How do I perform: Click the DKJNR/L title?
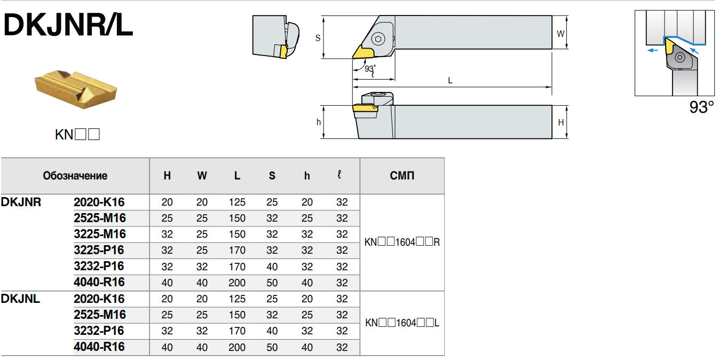click(x=68, y=25)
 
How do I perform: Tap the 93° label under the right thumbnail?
click(x=701, y=107)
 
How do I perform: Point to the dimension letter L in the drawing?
click(x=450, y=81)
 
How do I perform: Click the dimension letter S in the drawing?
click(x=318, y=38)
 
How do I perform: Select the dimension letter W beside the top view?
click(x=560, y=34)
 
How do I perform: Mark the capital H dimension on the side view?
click(x=561, y=123)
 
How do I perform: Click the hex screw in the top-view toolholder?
click(x=378, y=38)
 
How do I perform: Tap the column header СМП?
click(x=402, y=176)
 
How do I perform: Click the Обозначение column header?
click(x=75, y=176)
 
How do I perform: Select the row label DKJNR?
click(x=21, y=202)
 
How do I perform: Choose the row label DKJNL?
click(x=21, y=299)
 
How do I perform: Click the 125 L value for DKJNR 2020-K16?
click(x=237, y=202)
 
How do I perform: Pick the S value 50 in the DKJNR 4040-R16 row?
click(x=272, y=283)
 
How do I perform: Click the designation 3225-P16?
click(x=99, y=250)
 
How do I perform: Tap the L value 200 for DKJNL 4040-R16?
click(x=237, y=347)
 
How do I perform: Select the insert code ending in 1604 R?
click(x=402, y=242)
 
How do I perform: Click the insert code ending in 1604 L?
click(x=402, y=323)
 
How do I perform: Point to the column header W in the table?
click(x=202, y=176)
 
